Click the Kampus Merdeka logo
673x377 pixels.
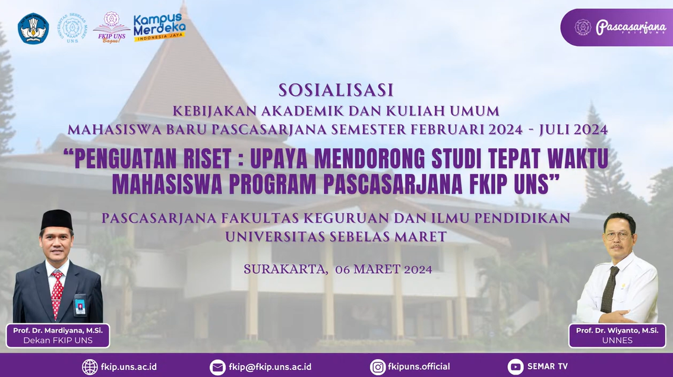click(159, 27)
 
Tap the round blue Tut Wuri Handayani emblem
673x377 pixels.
click(33, 28)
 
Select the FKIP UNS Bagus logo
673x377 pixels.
click(111, 27)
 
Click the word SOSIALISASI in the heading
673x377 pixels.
click(336, 90)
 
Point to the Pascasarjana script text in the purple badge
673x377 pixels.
click(630, 27)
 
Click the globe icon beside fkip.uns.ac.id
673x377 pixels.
click(90, 367)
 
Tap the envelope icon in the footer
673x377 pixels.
click(217, 367)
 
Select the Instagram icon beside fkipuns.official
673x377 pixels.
click(378, 367)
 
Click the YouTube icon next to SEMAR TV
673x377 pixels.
click(516, 367)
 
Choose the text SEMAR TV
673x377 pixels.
click(547, 367)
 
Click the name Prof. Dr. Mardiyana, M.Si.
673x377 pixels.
click(58, 331)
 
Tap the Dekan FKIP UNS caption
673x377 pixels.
click(58, 341)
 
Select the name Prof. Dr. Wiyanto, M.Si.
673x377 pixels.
click(617, 331)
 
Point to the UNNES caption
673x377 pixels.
click(617, 341)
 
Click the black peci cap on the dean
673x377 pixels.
click(56, 220)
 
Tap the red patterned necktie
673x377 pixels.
click(56, 294)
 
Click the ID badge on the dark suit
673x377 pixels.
click(80, 305)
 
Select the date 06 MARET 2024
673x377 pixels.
click(384, 270)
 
